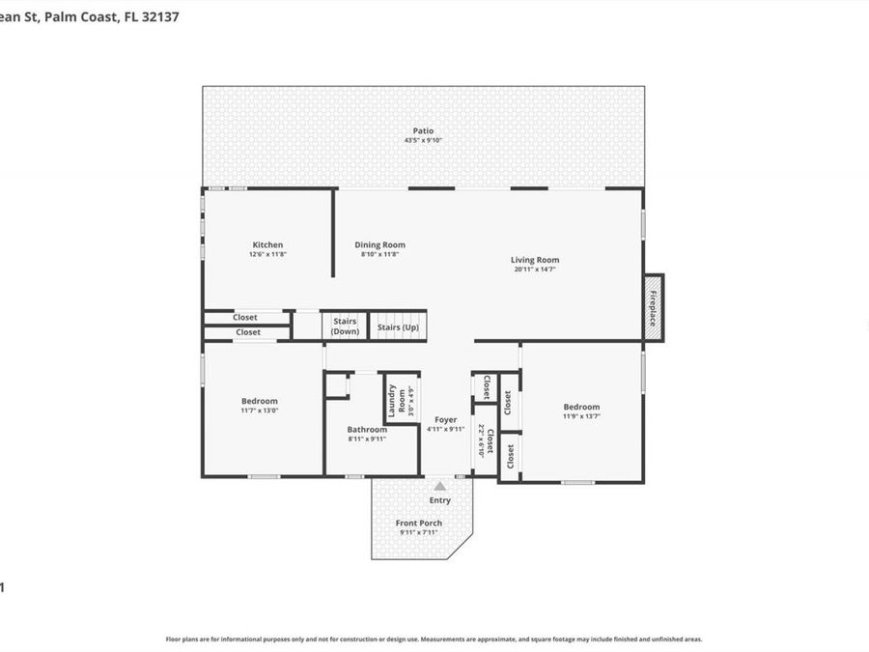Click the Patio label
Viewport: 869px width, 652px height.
point(423,130)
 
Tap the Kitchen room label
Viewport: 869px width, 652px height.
point(267,244)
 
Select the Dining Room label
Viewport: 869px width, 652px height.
point(379,244)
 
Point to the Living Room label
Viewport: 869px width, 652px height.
point(535,259)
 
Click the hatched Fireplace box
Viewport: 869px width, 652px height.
point(654,306)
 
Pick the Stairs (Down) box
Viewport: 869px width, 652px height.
point(345,326)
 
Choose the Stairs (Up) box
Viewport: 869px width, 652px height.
point(397,326)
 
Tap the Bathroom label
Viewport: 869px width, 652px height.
point(367,429)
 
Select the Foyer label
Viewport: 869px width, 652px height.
point(445,419)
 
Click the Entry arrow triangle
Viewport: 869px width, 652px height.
point(440,487)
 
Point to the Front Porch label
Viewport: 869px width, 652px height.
point(419,523)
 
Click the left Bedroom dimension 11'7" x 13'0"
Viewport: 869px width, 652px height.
point(259,411)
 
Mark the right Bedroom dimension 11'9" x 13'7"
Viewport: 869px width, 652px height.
point(581,416)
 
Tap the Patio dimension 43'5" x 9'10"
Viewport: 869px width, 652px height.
point(423,141)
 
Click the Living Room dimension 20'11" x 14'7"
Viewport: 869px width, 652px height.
point(535,269)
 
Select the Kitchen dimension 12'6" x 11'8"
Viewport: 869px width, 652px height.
point(267,254)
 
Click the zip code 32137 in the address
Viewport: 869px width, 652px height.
point(161,16)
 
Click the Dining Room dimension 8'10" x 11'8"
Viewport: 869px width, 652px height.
point(379,254)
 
